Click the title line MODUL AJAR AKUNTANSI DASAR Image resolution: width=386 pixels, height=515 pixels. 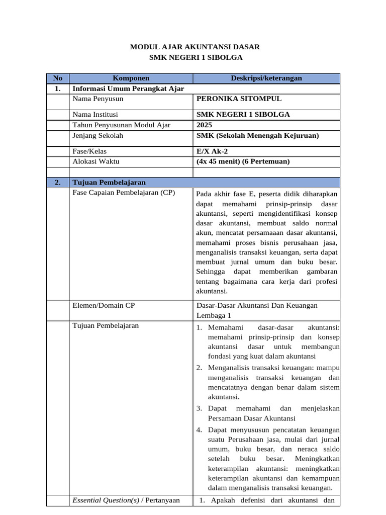[195, 47]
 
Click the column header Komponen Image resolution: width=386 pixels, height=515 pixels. [131, 78]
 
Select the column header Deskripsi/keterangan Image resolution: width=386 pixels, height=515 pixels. [266, 78]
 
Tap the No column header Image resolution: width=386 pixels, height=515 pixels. [57, 78]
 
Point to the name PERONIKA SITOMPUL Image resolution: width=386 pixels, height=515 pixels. [239, 99]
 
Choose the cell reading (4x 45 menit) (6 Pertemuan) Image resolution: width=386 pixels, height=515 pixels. [243, 161]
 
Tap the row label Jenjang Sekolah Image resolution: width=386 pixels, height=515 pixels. [98, 135]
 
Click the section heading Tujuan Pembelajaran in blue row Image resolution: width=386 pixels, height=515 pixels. [109, 182]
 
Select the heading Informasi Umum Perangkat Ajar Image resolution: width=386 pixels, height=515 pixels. [128, 89]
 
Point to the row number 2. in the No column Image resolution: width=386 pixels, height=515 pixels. [57, 182]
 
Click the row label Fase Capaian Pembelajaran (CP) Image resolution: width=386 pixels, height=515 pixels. [124, 193]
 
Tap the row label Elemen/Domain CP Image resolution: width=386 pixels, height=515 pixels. [104, 305]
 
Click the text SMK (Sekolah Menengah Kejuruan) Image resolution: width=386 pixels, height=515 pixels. [257, 135]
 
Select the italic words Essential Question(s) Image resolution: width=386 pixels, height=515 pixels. [106, 500]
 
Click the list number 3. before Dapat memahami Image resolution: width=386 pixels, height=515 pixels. [199, 408]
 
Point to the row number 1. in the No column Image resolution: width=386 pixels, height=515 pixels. [57, 89]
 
